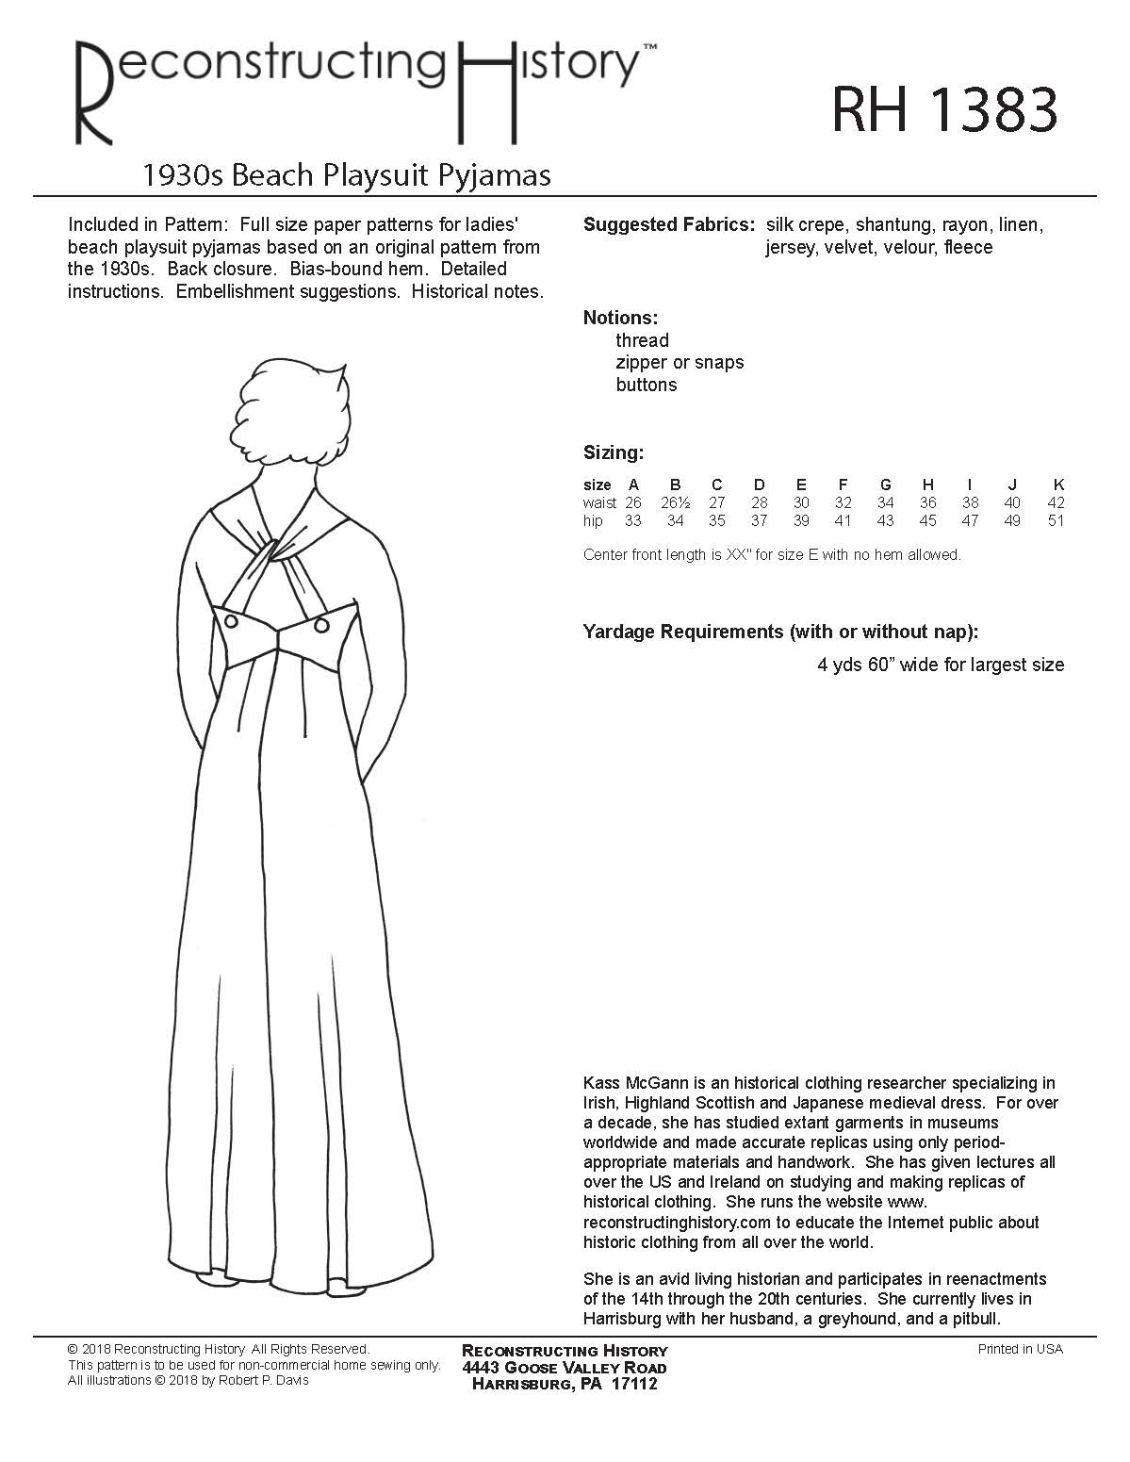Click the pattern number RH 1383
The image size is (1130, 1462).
pos(944,110)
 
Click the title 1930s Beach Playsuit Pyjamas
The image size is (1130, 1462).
pos(345,175)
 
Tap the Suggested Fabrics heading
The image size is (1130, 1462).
pos(668,225)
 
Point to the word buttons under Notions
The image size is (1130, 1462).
pos(647,386)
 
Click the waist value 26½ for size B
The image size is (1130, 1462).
pos(675,503)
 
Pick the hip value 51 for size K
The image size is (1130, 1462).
pos(1056,521)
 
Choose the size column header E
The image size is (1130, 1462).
pos(801,485)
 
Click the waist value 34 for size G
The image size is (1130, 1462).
pos(886,503)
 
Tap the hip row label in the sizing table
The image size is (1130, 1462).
pos(593,521)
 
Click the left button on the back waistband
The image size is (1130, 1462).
pos(231,621)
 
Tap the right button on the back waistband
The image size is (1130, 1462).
pos(321,626)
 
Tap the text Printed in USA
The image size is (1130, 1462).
pos(1020,1350)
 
